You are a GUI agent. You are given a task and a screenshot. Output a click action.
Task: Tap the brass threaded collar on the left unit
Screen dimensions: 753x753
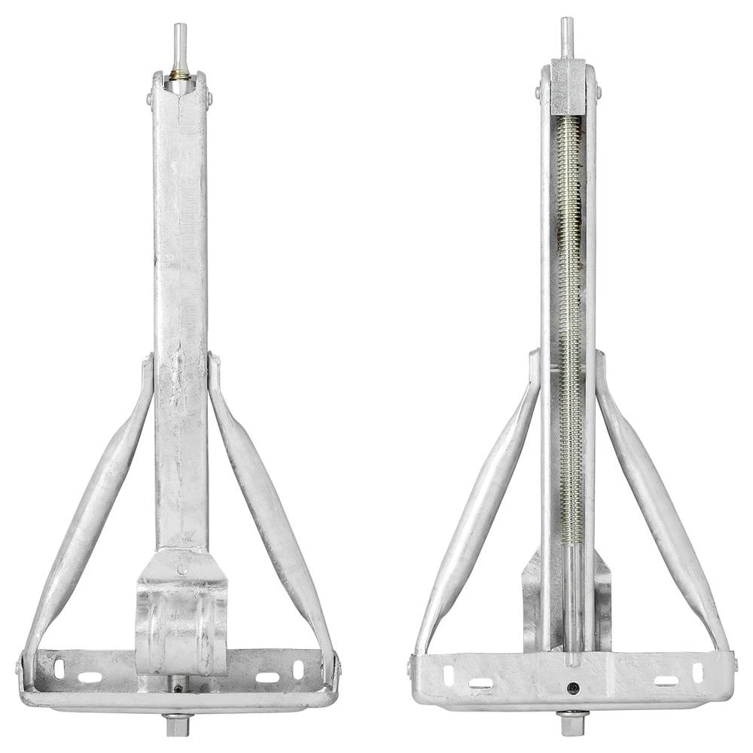[x=180, y=75]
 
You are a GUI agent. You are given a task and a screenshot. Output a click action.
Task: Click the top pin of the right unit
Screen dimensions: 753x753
[x=566, y=36]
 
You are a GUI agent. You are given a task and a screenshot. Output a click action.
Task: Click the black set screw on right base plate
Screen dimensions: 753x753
[x=574, y=688]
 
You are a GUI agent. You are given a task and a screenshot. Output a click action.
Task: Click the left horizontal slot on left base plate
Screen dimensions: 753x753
[x=90, y=677]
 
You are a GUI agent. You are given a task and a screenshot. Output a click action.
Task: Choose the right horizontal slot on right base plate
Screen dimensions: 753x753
[x=666, y=681]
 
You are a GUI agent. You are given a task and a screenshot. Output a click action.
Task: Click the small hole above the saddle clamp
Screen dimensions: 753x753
[x=181, y=569]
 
